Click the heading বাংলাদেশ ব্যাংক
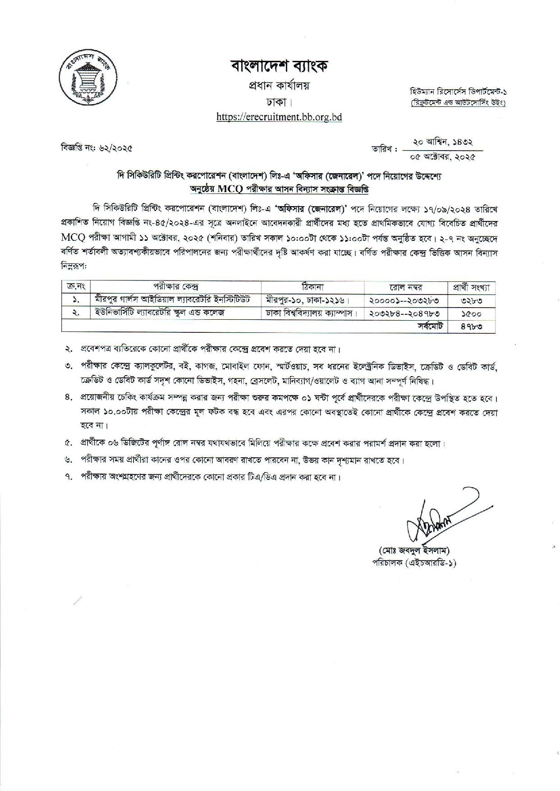coord(279,66)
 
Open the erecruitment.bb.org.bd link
coord(279,117)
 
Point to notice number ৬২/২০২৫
coord(97,147)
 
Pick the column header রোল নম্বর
coord(406,287)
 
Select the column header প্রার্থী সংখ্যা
coord(471,287)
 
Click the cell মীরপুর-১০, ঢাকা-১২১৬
coord(308,299)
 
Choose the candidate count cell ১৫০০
coord(471,313)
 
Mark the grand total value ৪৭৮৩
coord(471,326)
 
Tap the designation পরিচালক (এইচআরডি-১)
coord(414,562)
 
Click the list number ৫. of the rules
coord(69,443)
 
